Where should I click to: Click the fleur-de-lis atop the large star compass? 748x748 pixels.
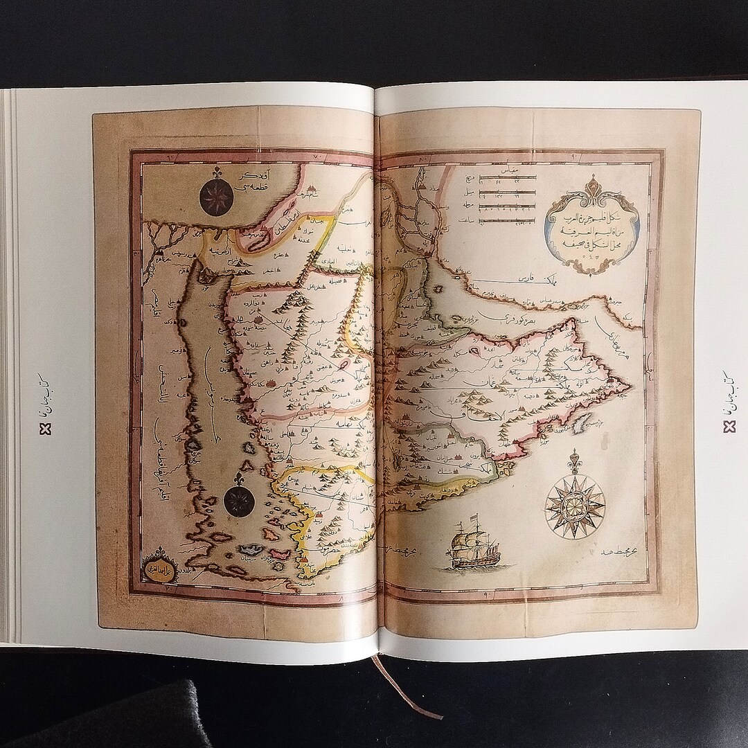(x=574, y=461)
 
